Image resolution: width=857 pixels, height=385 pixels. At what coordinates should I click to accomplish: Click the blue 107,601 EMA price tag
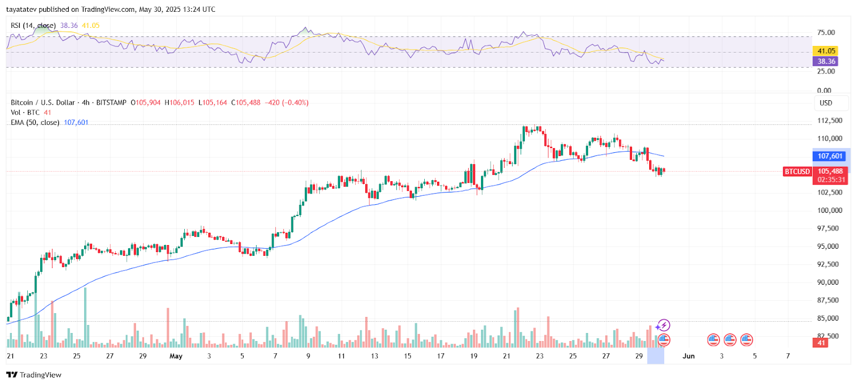point(830,156)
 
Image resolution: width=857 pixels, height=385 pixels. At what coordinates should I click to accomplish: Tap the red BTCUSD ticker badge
point(797,172)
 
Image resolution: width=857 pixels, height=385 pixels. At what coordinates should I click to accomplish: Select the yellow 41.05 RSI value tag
point(826,51)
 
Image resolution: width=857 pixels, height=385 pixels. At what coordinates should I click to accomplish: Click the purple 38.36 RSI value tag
point(826,61)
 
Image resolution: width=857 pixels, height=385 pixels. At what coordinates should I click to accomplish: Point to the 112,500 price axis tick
point(829,121)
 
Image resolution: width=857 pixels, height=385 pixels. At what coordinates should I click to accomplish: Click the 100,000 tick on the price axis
point(829,210)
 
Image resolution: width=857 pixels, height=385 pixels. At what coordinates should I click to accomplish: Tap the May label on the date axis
point(176,356)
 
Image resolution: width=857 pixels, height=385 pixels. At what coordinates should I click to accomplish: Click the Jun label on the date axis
point(688,356)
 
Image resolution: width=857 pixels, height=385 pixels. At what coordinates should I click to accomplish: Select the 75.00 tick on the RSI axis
point(826,33)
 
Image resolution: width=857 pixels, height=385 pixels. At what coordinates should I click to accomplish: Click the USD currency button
point(826,103)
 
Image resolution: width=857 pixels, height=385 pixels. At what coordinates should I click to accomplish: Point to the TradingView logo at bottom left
point(34,375)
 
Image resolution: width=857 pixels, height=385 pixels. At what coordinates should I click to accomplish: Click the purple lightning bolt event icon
point(664,325)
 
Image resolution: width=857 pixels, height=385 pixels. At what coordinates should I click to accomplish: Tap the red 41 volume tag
point(821,343)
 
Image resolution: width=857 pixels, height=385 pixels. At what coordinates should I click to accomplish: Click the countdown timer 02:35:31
point(830,180)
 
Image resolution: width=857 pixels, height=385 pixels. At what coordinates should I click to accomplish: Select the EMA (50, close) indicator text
point(35,123)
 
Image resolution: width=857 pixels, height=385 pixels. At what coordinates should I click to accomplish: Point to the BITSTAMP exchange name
point(111,102)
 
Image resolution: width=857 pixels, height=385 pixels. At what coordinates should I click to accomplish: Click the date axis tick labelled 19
point(473,356)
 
